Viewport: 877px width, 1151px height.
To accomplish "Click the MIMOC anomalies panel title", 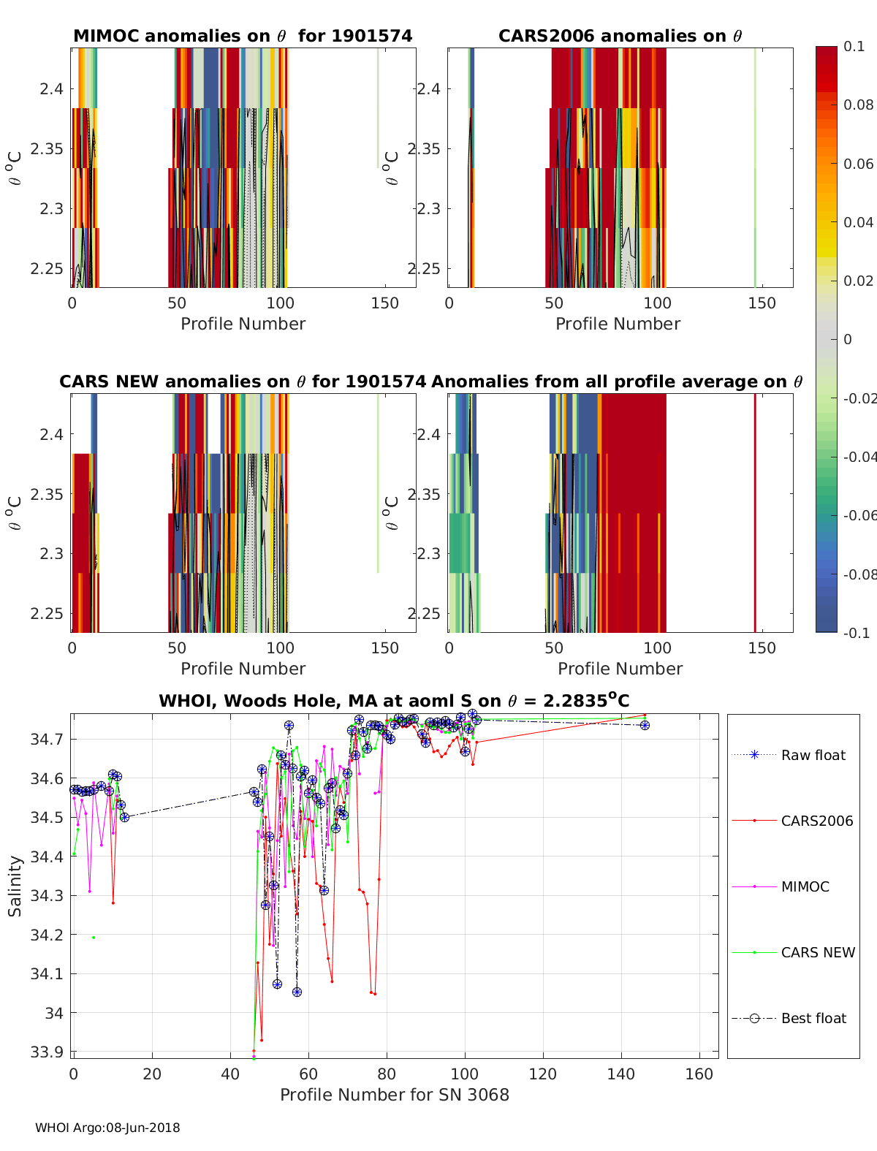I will click(x=243, y=36).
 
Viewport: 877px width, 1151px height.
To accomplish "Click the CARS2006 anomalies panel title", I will click(x=620, y=36).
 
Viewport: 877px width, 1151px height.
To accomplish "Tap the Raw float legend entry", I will click(x=813, y=756).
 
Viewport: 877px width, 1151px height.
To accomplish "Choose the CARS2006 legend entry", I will click(x=816, y=821).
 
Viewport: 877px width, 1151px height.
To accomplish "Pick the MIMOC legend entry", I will click(x=805, y=887).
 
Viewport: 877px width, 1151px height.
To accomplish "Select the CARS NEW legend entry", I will click(x=817, y=953).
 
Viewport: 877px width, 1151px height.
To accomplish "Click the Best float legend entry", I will click(x=813, y=1019).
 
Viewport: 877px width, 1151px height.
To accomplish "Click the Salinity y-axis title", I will click(x=15, y=886).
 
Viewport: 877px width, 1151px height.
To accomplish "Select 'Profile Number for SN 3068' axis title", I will click(x=394, y=1095).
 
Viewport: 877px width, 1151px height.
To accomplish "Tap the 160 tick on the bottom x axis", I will click(x=699, y=1074).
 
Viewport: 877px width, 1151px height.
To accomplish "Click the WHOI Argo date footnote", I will click(x=107, y=1128).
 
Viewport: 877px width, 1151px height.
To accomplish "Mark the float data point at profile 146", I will click(x=645, y=725).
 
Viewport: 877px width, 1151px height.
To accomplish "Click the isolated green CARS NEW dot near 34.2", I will click(x=94, y=938).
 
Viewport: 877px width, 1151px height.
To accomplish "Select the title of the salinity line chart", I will click(x=394, y=701).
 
